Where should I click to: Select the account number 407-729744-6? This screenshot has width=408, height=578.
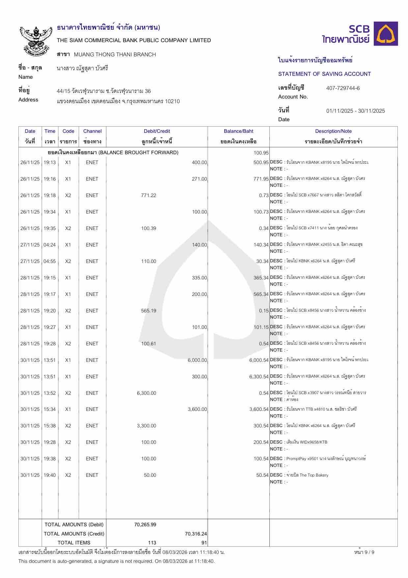click(x=343, y=88)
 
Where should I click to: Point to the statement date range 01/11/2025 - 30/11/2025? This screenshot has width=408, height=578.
click(x=355, y=111)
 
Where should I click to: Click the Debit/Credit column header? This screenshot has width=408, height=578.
click(x=157, y=131)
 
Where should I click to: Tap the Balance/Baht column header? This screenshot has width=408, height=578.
click(x=238, y=131)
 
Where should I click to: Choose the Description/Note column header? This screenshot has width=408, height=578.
click(x=333, y=131)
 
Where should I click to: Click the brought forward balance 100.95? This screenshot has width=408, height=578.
click(x=261, y=153)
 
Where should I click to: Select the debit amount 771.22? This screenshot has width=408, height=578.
click(x=149, y=195)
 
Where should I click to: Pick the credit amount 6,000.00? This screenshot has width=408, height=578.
click(x=197, y=360)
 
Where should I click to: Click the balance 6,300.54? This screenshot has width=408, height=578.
click(x=259, y=377)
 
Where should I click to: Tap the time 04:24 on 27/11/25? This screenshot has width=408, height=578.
click(x=50, y=245)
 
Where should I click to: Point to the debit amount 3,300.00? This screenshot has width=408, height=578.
click(x=147, y=426)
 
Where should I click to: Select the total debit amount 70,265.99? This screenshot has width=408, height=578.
click(x=145, y=525)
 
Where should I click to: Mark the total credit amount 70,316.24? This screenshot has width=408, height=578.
click(x=196, y=534)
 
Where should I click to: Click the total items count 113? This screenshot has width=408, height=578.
click(x=152, y=543)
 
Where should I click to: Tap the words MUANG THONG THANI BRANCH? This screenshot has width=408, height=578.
click(x=115, y=55)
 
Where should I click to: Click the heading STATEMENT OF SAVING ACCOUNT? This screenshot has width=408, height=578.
click(x=324, y=74)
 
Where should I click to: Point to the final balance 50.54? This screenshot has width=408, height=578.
click(x=262, y=475)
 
